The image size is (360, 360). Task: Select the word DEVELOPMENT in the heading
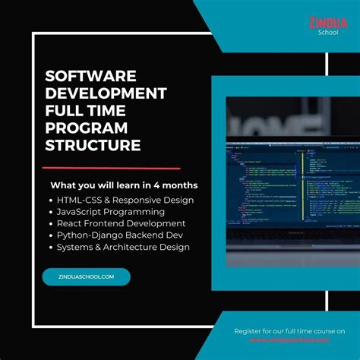click(x=106, y=93)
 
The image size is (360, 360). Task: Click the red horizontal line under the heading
click(x=111, y=167)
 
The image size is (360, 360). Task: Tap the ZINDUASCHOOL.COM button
click(x=86, y=277)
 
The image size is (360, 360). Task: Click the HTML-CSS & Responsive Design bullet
click(x=125, y=200)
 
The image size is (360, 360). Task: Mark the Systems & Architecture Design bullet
click(x=122, y=247)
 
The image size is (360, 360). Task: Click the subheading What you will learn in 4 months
click(x=124, y=185)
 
